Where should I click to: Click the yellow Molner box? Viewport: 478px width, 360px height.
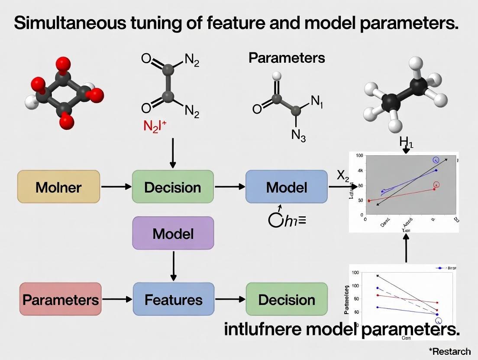pos(58,187)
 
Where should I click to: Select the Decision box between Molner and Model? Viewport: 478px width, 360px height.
pos(172,187)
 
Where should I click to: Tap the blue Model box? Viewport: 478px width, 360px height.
pos(286,187)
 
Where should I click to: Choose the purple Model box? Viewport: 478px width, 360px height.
pos(173,234)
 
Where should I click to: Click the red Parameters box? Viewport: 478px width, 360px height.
pos(60,299)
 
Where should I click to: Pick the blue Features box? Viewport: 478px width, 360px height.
pos(173,299)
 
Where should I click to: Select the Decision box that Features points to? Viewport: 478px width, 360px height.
pos(286,299)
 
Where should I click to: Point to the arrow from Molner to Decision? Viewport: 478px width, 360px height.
pos(116,186)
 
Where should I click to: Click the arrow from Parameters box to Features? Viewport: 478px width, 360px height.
pos(117,299)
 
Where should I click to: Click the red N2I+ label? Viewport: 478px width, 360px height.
pos(155,126)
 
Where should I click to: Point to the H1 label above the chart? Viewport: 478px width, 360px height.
pos(406,142)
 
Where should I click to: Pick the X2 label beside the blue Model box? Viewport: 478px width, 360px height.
pos(343,175)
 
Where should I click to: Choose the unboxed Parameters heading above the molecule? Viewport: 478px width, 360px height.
pos(287,58)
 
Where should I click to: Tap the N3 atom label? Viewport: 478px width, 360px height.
pos(298,135)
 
